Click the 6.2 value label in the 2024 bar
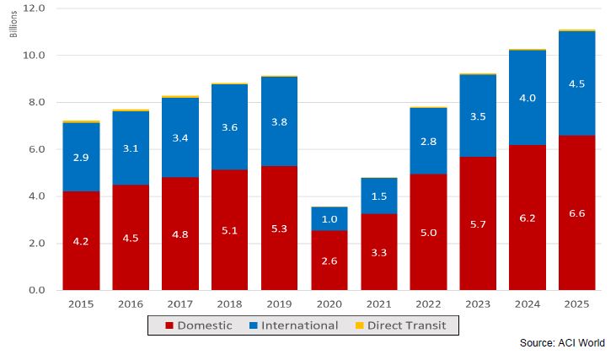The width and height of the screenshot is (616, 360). pyautogui.click(x=528, y=218)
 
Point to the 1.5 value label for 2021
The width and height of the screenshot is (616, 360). pyautogui.click(x=378, y=196)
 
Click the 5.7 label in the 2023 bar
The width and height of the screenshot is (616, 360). pyautogui.click(x=478, y=225)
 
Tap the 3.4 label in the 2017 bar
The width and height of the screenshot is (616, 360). pyautogui.click(x=180, y=137)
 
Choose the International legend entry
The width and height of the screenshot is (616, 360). pyautogui.click(x=296, y=325)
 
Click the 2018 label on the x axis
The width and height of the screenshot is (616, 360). pyautogui.click(x=230, y=304)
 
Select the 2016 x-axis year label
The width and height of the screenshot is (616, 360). pyautogui.click(x=131, y=304)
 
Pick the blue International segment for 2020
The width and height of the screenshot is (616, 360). pyautogui.click(x=329, y=218)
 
